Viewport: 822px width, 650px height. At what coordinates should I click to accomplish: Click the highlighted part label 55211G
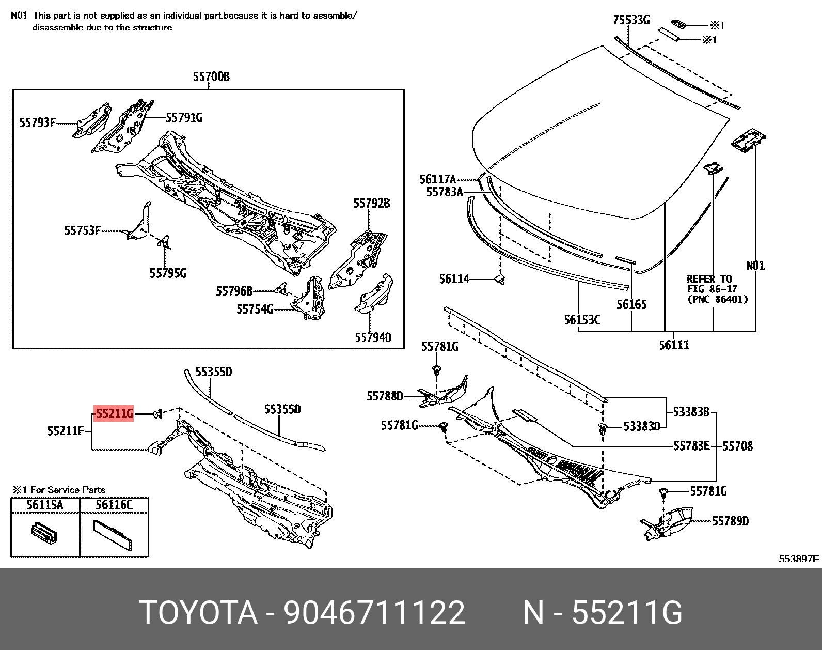114,413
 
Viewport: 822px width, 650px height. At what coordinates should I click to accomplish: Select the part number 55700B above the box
211,77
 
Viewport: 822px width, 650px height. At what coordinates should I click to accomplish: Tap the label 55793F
38,122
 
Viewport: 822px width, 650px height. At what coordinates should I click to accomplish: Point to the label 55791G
184,118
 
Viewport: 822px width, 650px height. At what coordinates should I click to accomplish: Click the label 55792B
371,203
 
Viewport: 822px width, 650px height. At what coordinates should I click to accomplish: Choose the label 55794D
373,337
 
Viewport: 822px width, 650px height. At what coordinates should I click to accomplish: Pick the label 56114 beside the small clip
454,279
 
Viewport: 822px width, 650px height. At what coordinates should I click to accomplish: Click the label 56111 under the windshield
673,345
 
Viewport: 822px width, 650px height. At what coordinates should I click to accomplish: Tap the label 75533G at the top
631,20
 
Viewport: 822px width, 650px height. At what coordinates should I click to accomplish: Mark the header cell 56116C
114,505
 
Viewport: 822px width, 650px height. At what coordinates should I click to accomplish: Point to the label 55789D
730,521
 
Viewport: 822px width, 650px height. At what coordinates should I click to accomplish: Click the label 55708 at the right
737,445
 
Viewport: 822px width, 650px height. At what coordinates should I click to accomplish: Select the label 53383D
642,426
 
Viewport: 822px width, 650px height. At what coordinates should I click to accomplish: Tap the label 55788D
385,396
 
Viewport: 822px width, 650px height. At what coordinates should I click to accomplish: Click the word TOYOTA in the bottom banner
199,613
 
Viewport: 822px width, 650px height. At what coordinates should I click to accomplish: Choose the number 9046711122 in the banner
374,613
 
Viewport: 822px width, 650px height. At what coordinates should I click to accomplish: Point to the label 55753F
82,230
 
